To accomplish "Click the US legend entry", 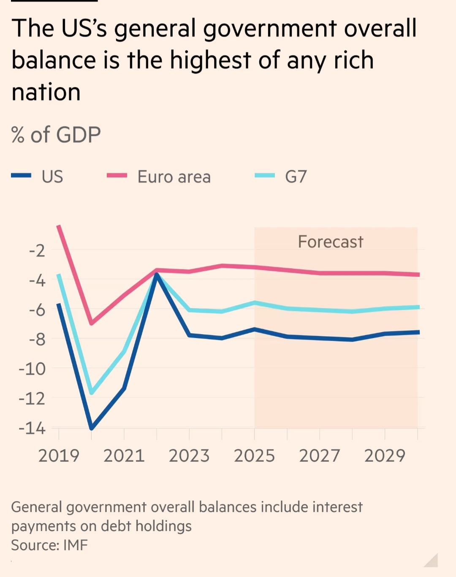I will point(52,177).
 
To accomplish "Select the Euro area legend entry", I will point(174,177).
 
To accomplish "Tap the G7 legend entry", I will point(296,177).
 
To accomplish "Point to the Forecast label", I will point(330,242).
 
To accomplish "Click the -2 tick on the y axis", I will point(37,250).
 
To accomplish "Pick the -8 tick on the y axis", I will point(37,339).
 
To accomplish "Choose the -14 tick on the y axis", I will point(32,428).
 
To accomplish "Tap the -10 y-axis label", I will point(32,369).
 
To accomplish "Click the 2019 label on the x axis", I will point(59,456).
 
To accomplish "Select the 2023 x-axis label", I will point(189,456).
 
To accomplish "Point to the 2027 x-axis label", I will point(320,456).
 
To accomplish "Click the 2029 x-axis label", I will point(385,456).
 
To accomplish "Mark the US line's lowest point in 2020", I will point(92,428).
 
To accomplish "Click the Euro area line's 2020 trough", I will point(91,323).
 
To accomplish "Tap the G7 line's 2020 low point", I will point(92,393).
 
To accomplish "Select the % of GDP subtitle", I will point(56,135).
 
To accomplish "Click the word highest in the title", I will point(210,60).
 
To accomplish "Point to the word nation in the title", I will point(46,92).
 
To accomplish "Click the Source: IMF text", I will point(49,545).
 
